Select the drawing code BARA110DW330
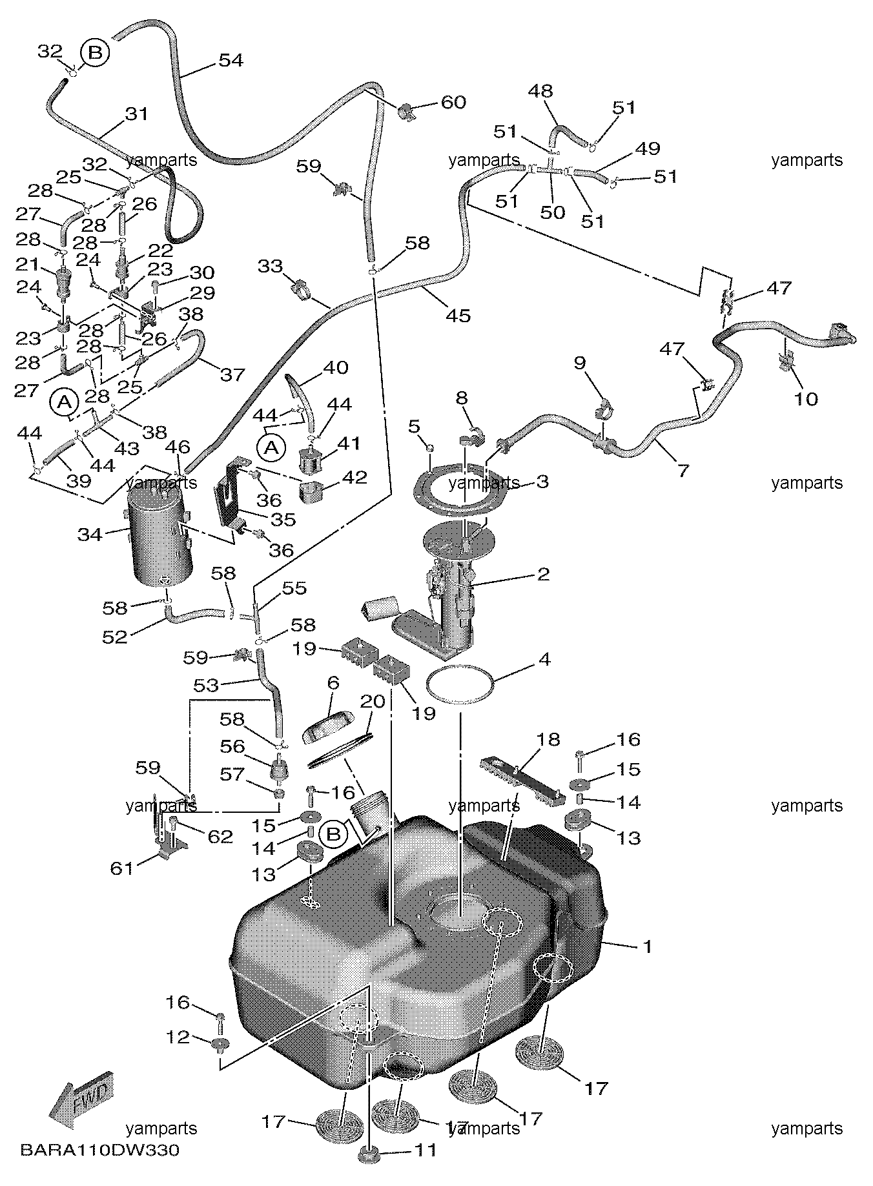pos(99,1150)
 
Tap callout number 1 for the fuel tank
pos(646,947)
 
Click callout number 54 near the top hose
pos(231,60)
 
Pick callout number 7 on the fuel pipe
pos(682,470)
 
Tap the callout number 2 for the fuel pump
pos(542,573)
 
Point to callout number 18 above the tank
pos(548,739)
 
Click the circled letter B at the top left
pos(95,52)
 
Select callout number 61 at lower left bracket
pos(121,868)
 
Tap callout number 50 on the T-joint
pos(552,212)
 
